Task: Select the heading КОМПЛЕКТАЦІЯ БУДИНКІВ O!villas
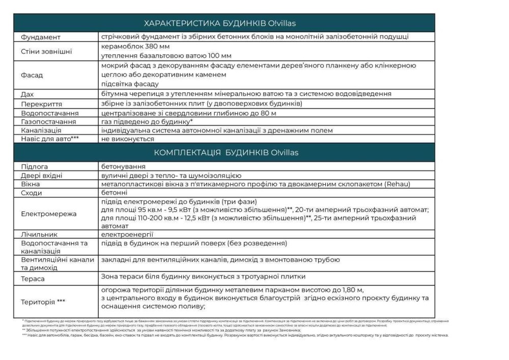click(x=226, y=153)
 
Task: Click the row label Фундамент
click(x=41, y=37)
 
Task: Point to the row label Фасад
click(x=32, y=75)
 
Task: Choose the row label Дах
click(x=27, y=94)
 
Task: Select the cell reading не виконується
click(x=128, y=139)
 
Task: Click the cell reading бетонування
click(x=123, y=167)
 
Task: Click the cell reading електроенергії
click(x=127, y=235)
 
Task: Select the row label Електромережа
click(x=49, y=214)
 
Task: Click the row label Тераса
click(x=33, y=279)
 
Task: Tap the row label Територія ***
click(x=43, y=301)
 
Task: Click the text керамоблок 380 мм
click(x=134, y=46)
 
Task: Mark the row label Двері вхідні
click(x=42, y=175)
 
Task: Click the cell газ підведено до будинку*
click(x=147, y=122)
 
